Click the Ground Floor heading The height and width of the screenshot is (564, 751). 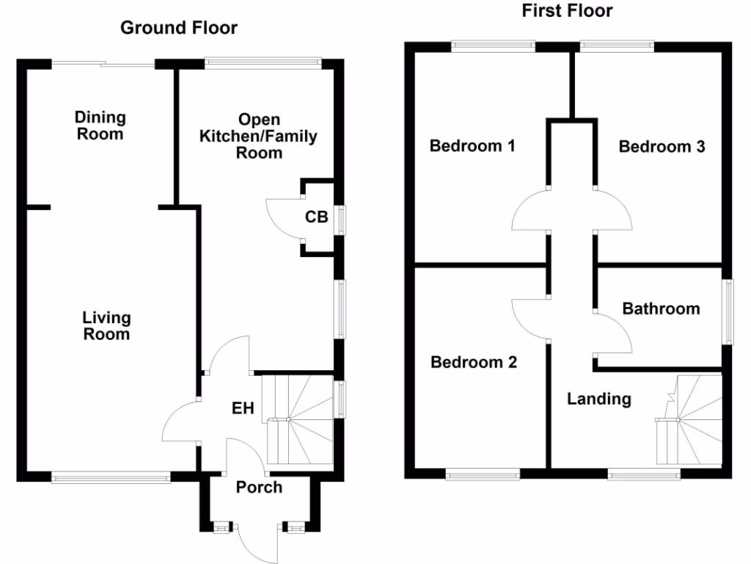tap(178, 28)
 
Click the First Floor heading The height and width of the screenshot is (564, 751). tap(567, 10)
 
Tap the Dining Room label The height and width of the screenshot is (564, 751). tap(100, 126)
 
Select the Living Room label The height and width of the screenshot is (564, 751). tap(106, 326)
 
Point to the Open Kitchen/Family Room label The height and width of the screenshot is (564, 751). tap(260, 136)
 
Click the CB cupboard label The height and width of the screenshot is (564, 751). tap(316, 217)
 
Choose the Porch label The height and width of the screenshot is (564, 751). tap(259, 487)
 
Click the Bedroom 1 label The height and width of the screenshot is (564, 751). tap(472, 145)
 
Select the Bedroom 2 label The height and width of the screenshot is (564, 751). tap(474, 362)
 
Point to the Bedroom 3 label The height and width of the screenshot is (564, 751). tap(662, 146)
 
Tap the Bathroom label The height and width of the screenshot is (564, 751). tap(661, 308)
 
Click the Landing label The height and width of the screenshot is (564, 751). tap(599, 399)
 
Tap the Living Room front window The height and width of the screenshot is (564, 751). tap(111, 478)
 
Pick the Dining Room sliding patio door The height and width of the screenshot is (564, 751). tap(103, 65)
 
